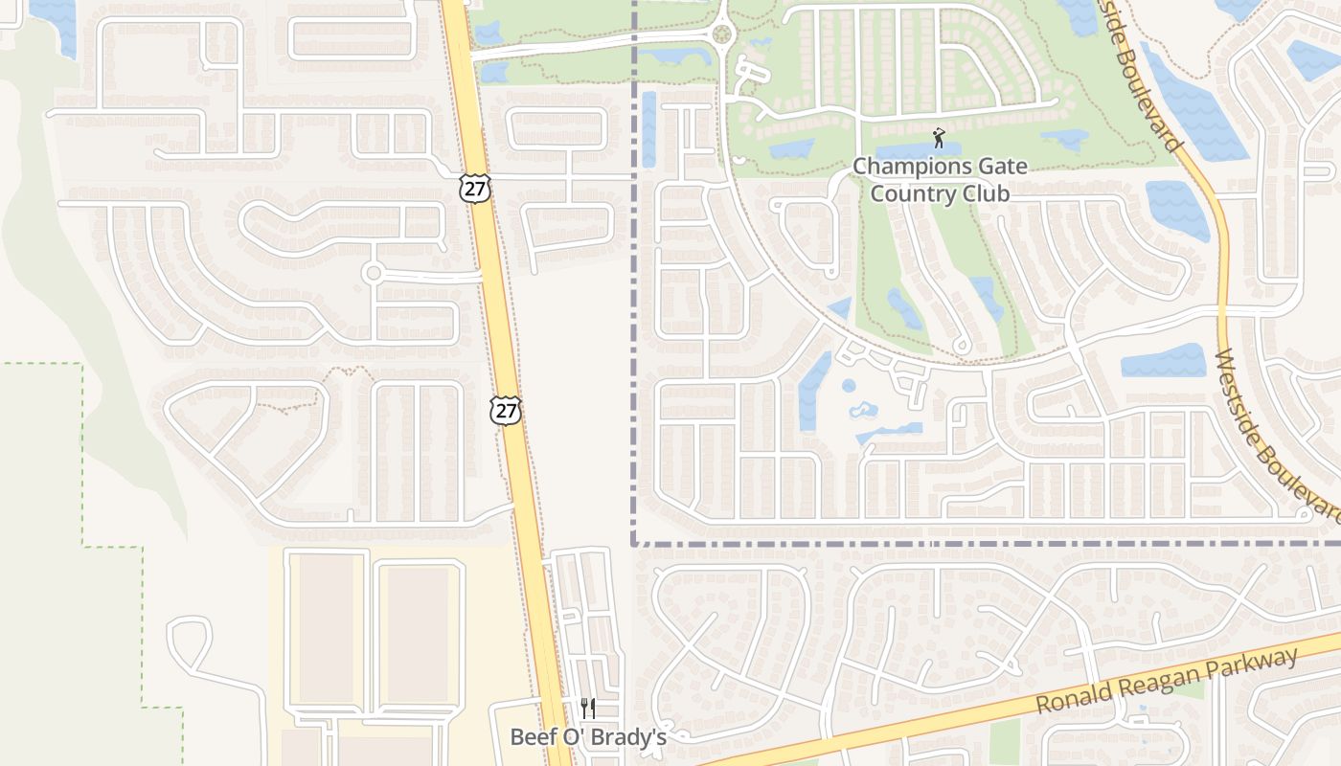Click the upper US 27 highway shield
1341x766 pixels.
tap(474, 187)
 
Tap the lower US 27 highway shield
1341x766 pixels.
tap(505, 411)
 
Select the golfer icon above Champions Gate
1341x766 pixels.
tap(939, 138)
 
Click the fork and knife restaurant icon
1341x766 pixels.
tap(588, 709)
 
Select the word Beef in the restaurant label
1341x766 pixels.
tap(532, 737)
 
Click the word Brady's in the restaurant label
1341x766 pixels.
tap(632, 737)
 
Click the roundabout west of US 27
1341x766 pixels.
tap(374, 274)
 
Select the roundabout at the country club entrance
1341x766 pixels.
tap(722, 35)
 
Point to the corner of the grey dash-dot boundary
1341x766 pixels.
tap(634, 543)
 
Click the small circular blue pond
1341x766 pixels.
tap(849, 386)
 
